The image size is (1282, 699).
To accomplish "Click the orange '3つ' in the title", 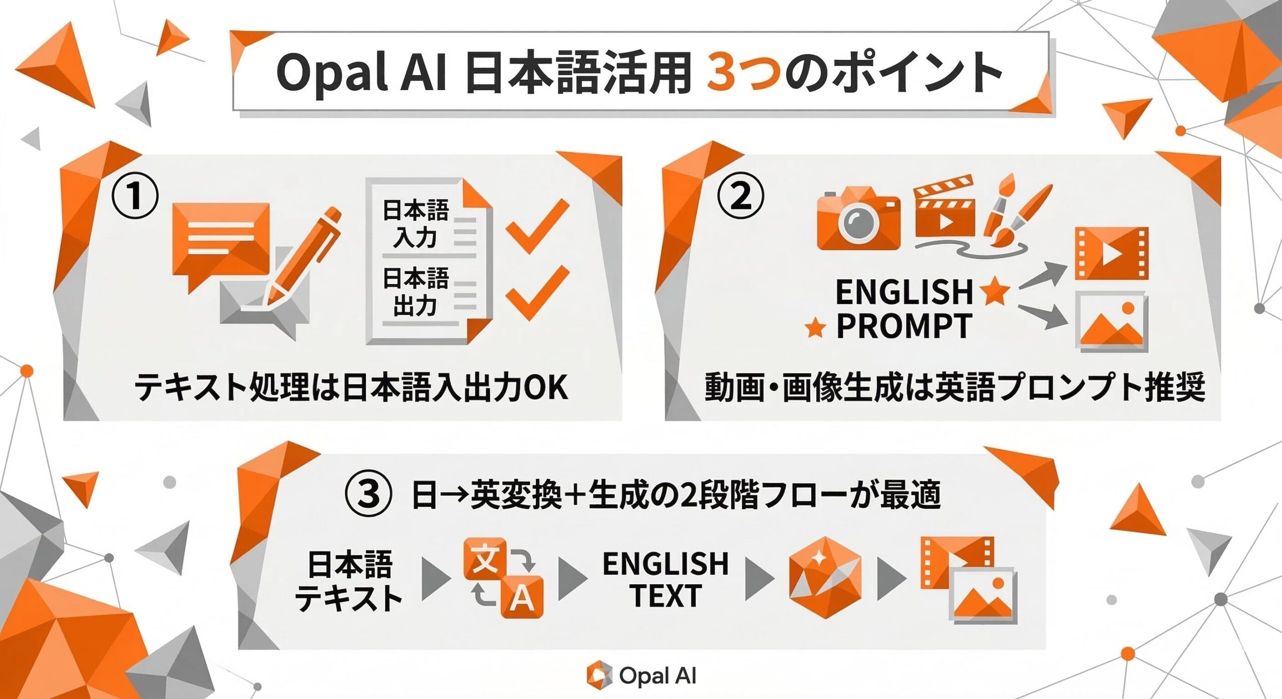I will coord(743,74).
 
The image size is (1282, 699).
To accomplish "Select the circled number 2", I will coord(741,196).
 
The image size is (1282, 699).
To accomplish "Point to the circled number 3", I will coord(368,494).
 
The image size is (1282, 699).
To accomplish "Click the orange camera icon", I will coord(858,219).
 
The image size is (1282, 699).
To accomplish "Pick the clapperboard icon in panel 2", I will coord(944,206).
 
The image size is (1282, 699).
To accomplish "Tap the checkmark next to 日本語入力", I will coord(537,225).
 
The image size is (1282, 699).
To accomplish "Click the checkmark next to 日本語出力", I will coord(537,293).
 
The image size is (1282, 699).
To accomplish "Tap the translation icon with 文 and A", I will coord(503,578).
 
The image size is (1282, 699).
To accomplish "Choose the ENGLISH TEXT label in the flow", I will coord(666,579).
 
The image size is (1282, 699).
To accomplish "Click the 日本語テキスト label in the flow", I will coord(349,580).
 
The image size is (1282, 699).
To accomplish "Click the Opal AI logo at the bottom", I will coord(642,675).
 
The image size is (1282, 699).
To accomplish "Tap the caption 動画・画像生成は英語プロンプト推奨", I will coord(954,387).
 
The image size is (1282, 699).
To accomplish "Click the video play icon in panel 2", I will coord(1111,253).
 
